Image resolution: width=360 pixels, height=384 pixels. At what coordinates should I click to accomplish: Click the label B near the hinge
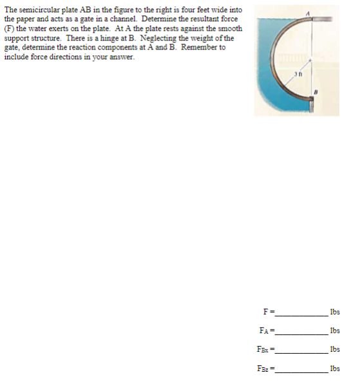[x=316, y=91]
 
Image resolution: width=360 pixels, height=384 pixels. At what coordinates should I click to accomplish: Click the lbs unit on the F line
[x=335, y=313]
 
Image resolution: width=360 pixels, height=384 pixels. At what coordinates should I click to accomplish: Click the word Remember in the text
[x=198, y=47]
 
